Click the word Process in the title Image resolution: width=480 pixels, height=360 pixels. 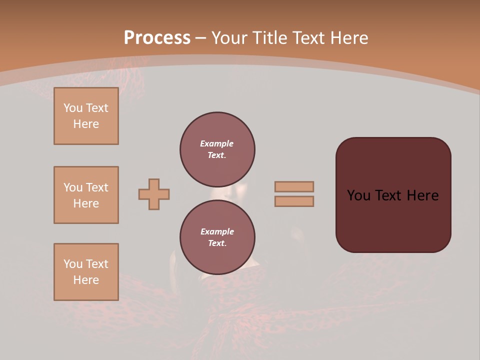coord(157,38)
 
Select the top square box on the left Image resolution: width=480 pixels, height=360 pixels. coord(86,116)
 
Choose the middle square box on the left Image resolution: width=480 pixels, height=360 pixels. coord(86,195)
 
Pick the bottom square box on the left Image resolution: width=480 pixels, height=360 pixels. coord(86,272)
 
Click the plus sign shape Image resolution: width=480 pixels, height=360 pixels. coord(154,194)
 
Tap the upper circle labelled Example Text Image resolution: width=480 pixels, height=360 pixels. coord(217,149)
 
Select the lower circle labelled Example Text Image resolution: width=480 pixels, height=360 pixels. coord(217,237)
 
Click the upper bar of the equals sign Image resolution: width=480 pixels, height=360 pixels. coord(294,186)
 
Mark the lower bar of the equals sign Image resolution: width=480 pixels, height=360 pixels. coord(294,201)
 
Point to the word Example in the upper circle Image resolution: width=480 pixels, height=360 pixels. coord(217,143)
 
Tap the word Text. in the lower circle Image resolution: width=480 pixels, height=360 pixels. coord(217,243)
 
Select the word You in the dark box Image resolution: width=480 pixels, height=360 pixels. coord(358,195)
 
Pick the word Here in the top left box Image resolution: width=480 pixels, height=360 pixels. coord(86,124)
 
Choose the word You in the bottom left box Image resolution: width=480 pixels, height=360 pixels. coord(73,264)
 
